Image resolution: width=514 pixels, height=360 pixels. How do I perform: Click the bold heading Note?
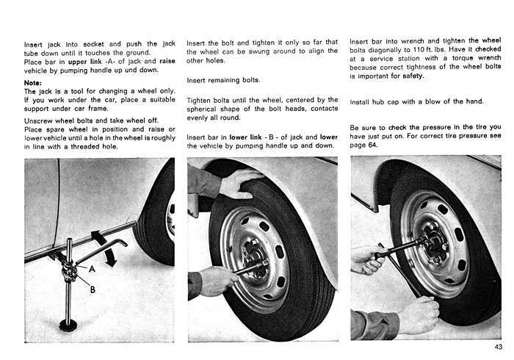(33, 82)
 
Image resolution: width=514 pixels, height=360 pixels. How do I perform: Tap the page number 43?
(499, 347)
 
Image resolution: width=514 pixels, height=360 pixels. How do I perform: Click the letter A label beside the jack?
(92, 269)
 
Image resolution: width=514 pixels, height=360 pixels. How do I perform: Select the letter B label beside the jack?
(93, 289)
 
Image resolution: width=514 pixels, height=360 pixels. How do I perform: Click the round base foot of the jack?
(68, 325)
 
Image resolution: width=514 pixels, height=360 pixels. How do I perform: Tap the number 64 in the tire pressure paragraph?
(372, 145)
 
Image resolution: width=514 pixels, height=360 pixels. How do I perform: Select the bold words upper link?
(85, 62)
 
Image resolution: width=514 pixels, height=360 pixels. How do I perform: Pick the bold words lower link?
(245, 137)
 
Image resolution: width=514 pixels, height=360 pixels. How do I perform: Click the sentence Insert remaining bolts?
(223, 80)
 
